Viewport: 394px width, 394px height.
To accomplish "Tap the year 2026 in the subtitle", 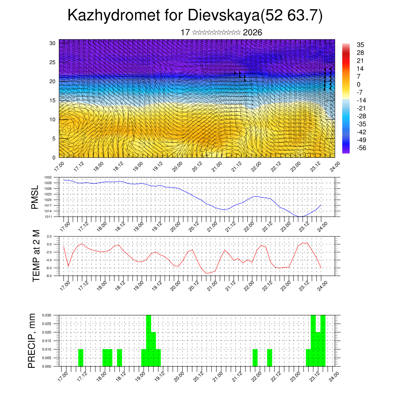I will [252, 33].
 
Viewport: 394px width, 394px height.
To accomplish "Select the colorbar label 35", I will [361, 45].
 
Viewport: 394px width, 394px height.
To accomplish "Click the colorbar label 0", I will [359, 84].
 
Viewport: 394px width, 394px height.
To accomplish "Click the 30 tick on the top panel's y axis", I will [52, 43].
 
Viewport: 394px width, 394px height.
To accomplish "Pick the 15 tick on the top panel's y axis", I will [52, 100].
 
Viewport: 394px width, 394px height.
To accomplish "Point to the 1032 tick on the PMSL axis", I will [53, 177].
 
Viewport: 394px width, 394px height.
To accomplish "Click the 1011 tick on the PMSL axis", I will [53, 217].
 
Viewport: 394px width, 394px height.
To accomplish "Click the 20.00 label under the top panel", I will [177, 167].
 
